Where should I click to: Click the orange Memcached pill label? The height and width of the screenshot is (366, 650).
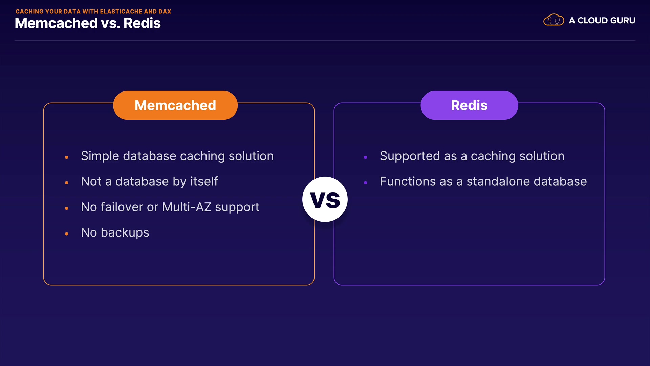[175, 105]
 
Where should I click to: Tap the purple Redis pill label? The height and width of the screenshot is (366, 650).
[469, 105]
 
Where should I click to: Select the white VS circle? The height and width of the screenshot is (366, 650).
[325, 199]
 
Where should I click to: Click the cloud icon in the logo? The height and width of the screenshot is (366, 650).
[554, 20]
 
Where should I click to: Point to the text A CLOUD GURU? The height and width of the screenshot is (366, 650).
[602, 21]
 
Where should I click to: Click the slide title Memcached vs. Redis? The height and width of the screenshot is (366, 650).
[88, 23]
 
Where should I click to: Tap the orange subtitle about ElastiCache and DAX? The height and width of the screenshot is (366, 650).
[93, 11]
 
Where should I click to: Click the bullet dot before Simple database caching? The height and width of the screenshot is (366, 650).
[67, 157]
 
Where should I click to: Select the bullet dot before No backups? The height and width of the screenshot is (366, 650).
[67, 234]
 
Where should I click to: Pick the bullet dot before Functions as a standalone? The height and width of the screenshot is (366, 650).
[366, 183]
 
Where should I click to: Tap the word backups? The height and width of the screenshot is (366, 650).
[125, 233]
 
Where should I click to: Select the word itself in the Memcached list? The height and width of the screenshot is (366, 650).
[204, 181]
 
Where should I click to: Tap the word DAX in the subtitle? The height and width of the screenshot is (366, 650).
[165, 11]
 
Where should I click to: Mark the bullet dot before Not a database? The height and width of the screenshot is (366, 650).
[67, 183]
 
